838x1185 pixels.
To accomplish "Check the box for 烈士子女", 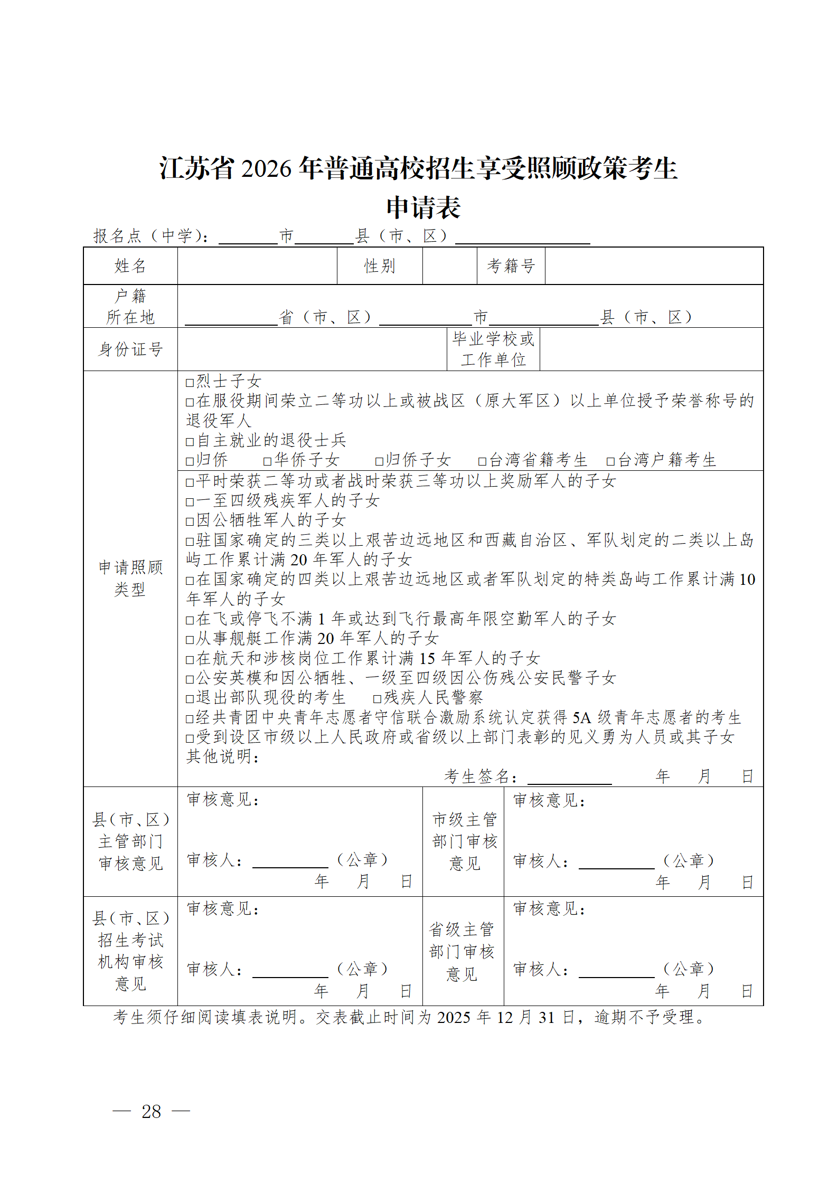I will [190, 383].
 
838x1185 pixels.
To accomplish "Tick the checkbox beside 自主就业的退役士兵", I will [190, 442].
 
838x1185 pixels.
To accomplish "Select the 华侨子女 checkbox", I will [268, 461].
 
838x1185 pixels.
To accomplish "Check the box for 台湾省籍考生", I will [482, 461].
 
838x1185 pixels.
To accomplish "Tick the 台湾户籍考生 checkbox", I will [611, 461].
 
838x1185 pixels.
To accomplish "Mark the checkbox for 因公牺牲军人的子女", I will [190, 522].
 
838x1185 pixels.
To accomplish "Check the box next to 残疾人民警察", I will [377, 699].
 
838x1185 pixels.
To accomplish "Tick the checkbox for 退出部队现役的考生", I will [190, 699].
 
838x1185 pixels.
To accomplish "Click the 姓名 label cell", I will [130, 266].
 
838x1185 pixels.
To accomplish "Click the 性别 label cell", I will [380, 266].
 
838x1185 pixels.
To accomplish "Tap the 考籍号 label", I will [511, 266].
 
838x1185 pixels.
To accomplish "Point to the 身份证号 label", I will [130, 349].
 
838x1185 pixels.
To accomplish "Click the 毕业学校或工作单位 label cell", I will [493, 349].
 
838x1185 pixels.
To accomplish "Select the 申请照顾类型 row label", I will [130, 579].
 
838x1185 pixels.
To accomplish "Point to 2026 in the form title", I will [266, 169].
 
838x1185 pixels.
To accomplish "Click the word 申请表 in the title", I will [423, 207].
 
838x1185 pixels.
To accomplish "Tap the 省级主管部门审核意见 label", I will [462, 951].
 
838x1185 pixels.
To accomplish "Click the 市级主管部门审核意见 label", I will [465, 841].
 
